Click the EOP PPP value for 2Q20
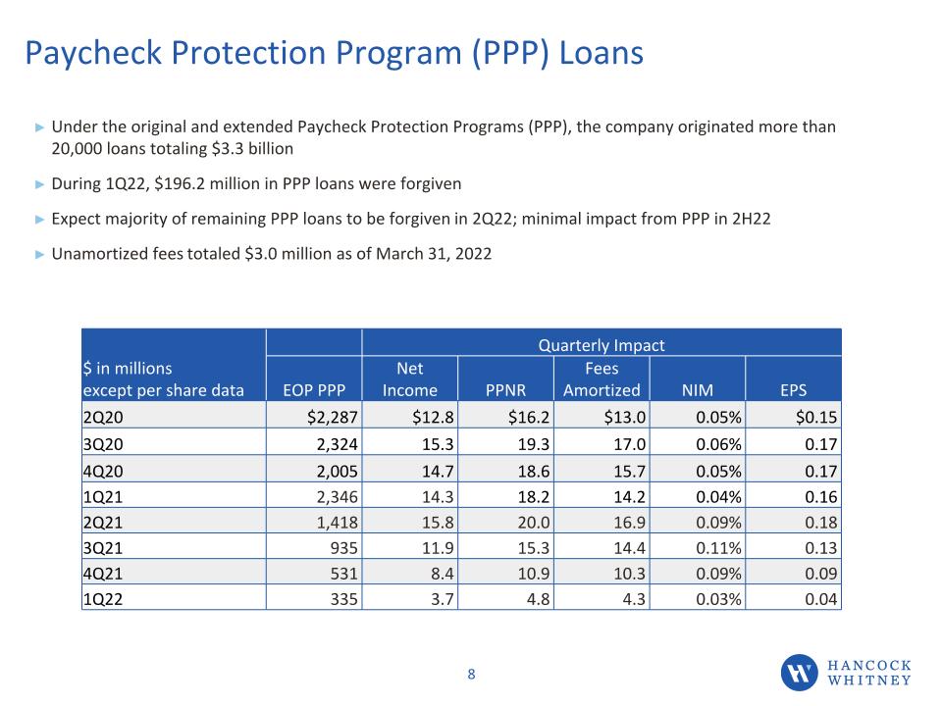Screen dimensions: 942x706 click(x=333, y=417)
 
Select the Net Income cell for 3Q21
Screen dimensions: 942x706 click(x=438, y=547)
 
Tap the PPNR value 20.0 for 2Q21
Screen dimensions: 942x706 click(x=534, y=523)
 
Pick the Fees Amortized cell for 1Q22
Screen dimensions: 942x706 click(x=634, y=599)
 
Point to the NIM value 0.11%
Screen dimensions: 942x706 click(x=718, y=547)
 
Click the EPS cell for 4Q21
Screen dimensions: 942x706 click(x=820, y=574)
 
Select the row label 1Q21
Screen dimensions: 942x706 click(x=103, y=496)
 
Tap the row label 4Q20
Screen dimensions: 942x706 click(x=103, y=471)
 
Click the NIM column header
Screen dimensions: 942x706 click(x=698, y=390)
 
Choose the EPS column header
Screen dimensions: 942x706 click(x=793, y=390)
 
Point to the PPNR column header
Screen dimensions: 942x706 click(x=506, y=390)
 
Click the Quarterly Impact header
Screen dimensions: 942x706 click(x=602, y=345)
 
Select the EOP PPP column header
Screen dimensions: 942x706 click(x=314, y=390)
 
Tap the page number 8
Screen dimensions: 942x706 click(x=472, y=675)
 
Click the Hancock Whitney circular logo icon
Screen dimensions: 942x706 click(x=799, y=673)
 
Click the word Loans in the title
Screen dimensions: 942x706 click(x=602, y=53)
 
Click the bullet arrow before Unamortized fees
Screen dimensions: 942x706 click(x=39, y=255)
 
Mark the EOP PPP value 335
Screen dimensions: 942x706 click(x=344, y=599)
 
